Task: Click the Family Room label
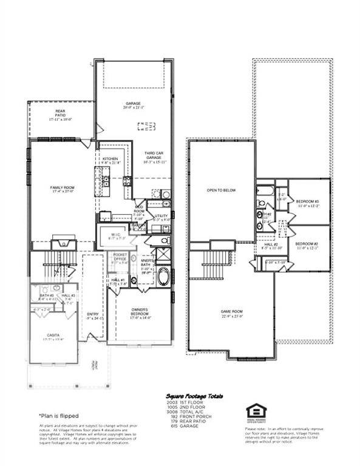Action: [62, 188]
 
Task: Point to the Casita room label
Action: [53, 334]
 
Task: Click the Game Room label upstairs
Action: [231, 312]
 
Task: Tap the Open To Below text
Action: [221, 190]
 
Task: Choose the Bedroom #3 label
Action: [307, 201]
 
